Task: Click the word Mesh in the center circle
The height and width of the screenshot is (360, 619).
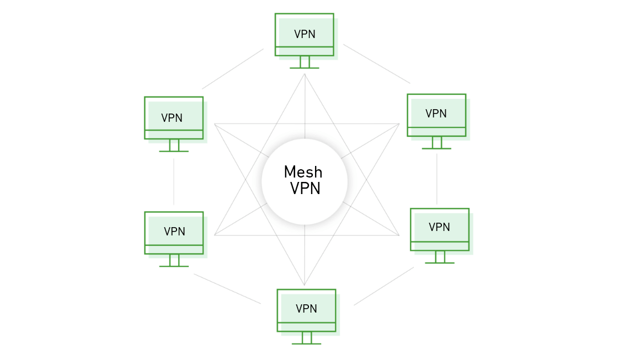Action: tap(303, 171)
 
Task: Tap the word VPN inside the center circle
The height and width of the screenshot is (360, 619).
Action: tap(305, 189)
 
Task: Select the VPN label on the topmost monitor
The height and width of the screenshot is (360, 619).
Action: tap(305, 34)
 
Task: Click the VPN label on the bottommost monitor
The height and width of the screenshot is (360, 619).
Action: tap(306, 309)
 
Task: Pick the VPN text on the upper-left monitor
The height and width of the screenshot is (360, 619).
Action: tap(172, 118)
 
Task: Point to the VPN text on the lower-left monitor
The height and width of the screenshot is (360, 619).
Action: tap(174, 232)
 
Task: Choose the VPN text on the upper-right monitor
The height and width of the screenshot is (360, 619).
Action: tap(436, 114)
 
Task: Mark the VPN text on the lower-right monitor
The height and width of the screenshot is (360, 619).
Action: tap(439, 227)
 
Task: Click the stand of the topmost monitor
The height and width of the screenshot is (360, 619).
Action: tap(305, 62)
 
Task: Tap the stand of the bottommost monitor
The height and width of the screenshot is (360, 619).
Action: tap(306, 338)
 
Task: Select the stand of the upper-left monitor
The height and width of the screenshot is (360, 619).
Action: tap(174, 146)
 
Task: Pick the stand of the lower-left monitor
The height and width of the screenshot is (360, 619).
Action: tap(174, 260)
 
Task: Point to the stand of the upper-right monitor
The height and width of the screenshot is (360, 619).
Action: tap(436, 143)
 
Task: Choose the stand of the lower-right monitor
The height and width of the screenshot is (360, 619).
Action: tap(440, 257)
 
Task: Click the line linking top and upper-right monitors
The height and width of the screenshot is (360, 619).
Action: tap(376, 63)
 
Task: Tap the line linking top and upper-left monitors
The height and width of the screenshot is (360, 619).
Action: tap(232, 68)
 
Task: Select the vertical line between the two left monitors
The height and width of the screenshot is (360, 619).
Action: tap(173, 181)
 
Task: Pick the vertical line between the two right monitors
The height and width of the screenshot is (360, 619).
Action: tap(436, 179)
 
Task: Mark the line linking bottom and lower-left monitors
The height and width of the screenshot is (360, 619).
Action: tap(227, 288)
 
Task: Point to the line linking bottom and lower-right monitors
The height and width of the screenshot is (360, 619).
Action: tap(383, 286)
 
